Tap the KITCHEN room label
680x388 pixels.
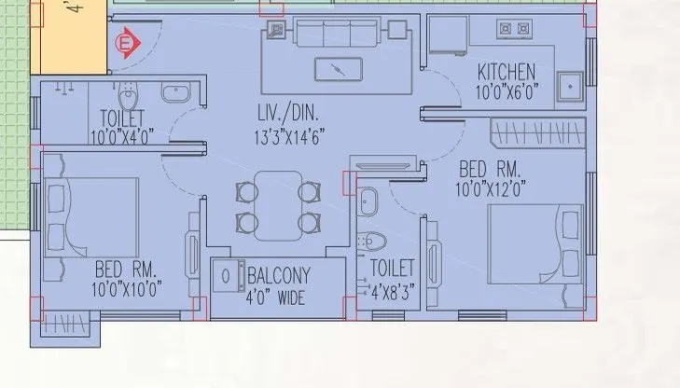[506, 72]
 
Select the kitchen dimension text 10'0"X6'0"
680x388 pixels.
[506, 91]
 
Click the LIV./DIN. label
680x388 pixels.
[289, 114]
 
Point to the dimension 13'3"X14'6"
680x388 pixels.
[289, 136]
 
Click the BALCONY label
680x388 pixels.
[278, 276]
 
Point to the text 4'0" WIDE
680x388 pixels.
[276, 298]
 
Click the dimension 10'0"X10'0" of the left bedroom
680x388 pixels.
[128, 290]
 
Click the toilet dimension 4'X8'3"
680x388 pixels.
[392, 289]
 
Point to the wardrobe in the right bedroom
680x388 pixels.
[539, 132]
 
